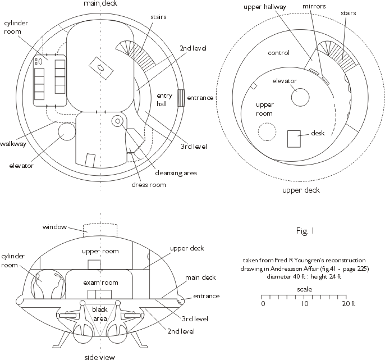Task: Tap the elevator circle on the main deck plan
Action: click(67, 133)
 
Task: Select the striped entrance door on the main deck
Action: click(181, 98)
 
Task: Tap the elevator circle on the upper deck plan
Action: click(300, 97)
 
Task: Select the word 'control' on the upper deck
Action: click(279, 53)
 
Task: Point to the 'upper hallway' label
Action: click(265, 7)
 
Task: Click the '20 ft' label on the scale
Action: click(348, 304)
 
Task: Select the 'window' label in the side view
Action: click(54, 227)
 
